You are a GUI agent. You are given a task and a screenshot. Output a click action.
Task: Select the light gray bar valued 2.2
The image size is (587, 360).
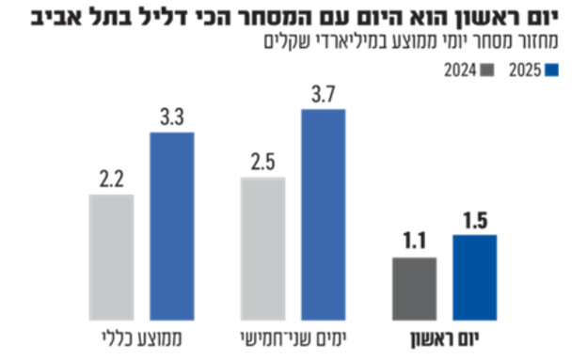click(111, 257)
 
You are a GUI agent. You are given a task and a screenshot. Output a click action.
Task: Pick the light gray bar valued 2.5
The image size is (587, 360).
click(262, 247)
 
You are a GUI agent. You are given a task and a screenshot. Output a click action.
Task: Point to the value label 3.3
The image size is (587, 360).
click(172, 118)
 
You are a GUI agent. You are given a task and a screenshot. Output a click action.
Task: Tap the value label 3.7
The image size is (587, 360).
click(323, 95)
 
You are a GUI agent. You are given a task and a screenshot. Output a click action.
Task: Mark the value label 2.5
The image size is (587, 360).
click(262, 163)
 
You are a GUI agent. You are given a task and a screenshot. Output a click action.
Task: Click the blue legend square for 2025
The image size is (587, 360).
click(553, 70)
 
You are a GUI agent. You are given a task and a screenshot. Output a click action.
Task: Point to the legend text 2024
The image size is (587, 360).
click(458, 70)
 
